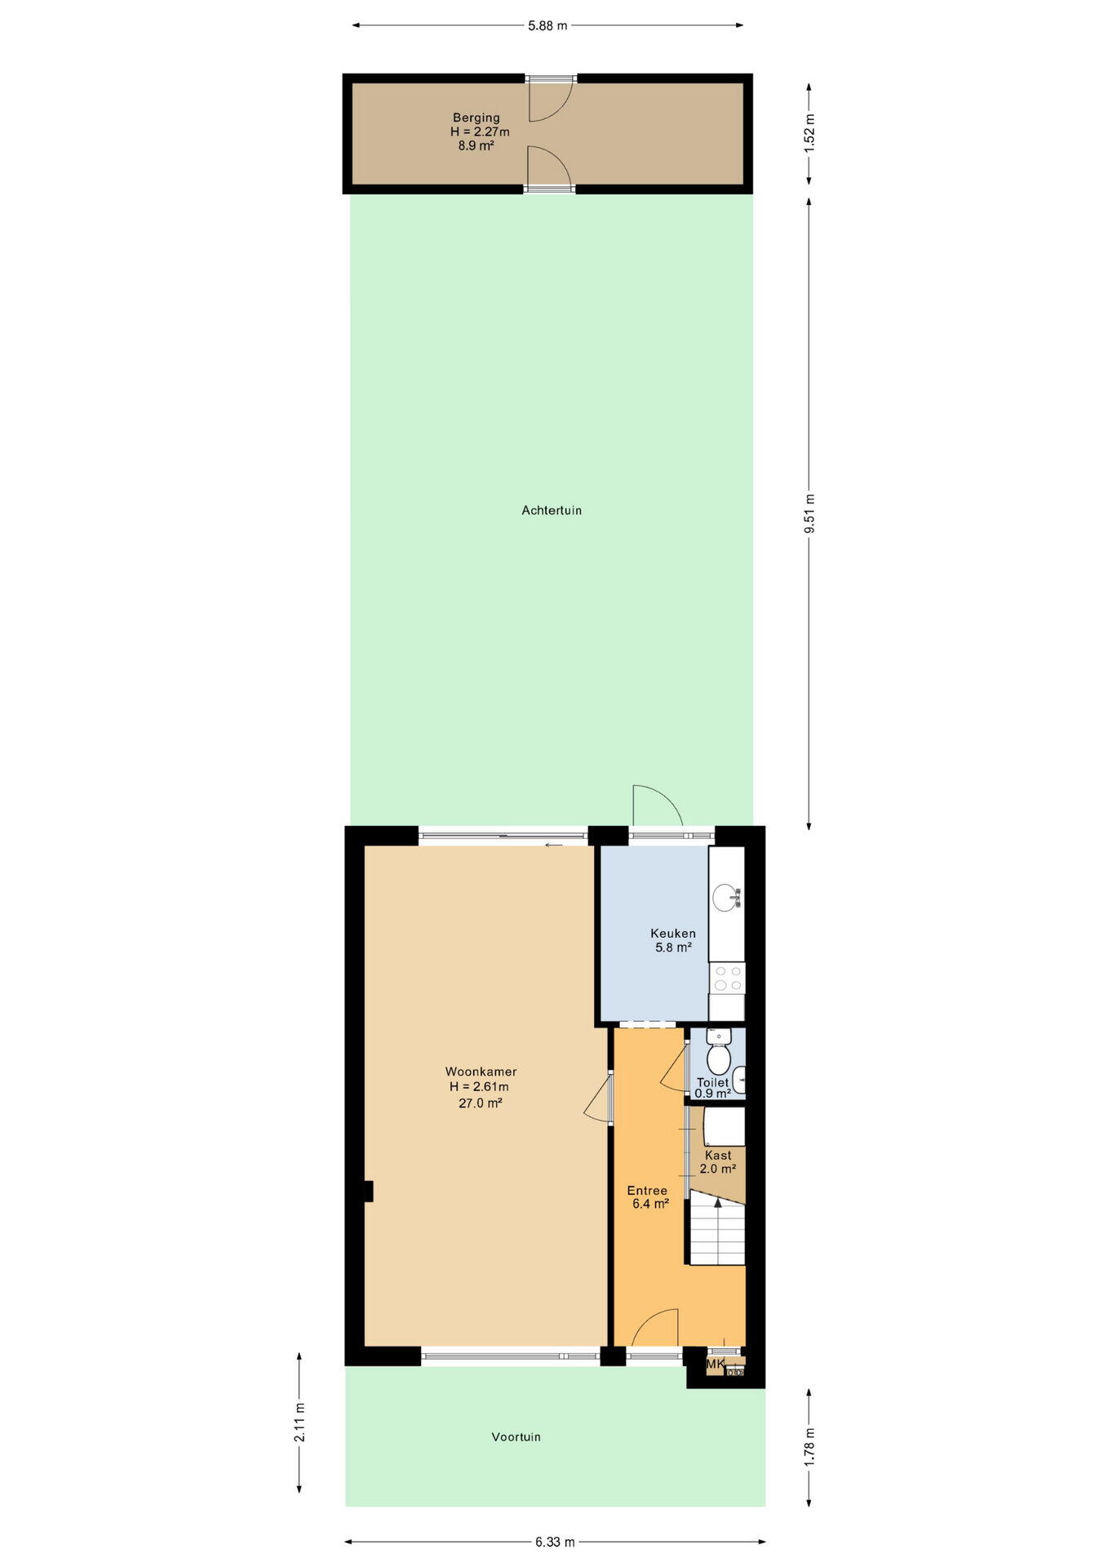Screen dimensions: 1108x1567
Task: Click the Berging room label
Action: click(x=476, y=118)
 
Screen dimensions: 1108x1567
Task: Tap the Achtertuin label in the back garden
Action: click(x=552, y=510)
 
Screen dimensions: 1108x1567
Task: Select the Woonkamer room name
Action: click(x=481, y=1072)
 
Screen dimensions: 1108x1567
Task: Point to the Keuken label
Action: click(x=673, y=933)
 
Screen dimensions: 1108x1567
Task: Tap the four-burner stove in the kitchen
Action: click(x=726, y=978)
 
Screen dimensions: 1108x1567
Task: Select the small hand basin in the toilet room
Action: click(x=739, y=1080)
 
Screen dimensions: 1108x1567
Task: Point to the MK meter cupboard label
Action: click(x=715, y=1364)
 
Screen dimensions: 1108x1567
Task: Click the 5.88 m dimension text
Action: click(x=547, y=25)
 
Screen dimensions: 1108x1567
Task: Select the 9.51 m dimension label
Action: click(x=809, y=513)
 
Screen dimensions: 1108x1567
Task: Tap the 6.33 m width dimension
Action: click(x=555, y=1542)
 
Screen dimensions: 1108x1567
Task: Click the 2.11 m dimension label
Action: click(x=299, y=1423)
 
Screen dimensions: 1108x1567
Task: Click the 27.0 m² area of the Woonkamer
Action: click(x=480, y=1103)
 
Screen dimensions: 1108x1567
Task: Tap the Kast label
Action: click(x=718, y=1155)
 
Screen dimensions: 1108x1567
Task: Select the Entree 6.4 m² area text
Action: click(x=650, y=1203)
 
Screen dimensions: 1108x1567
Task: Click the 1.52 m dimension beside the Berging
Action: click(x=809, y=132)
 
